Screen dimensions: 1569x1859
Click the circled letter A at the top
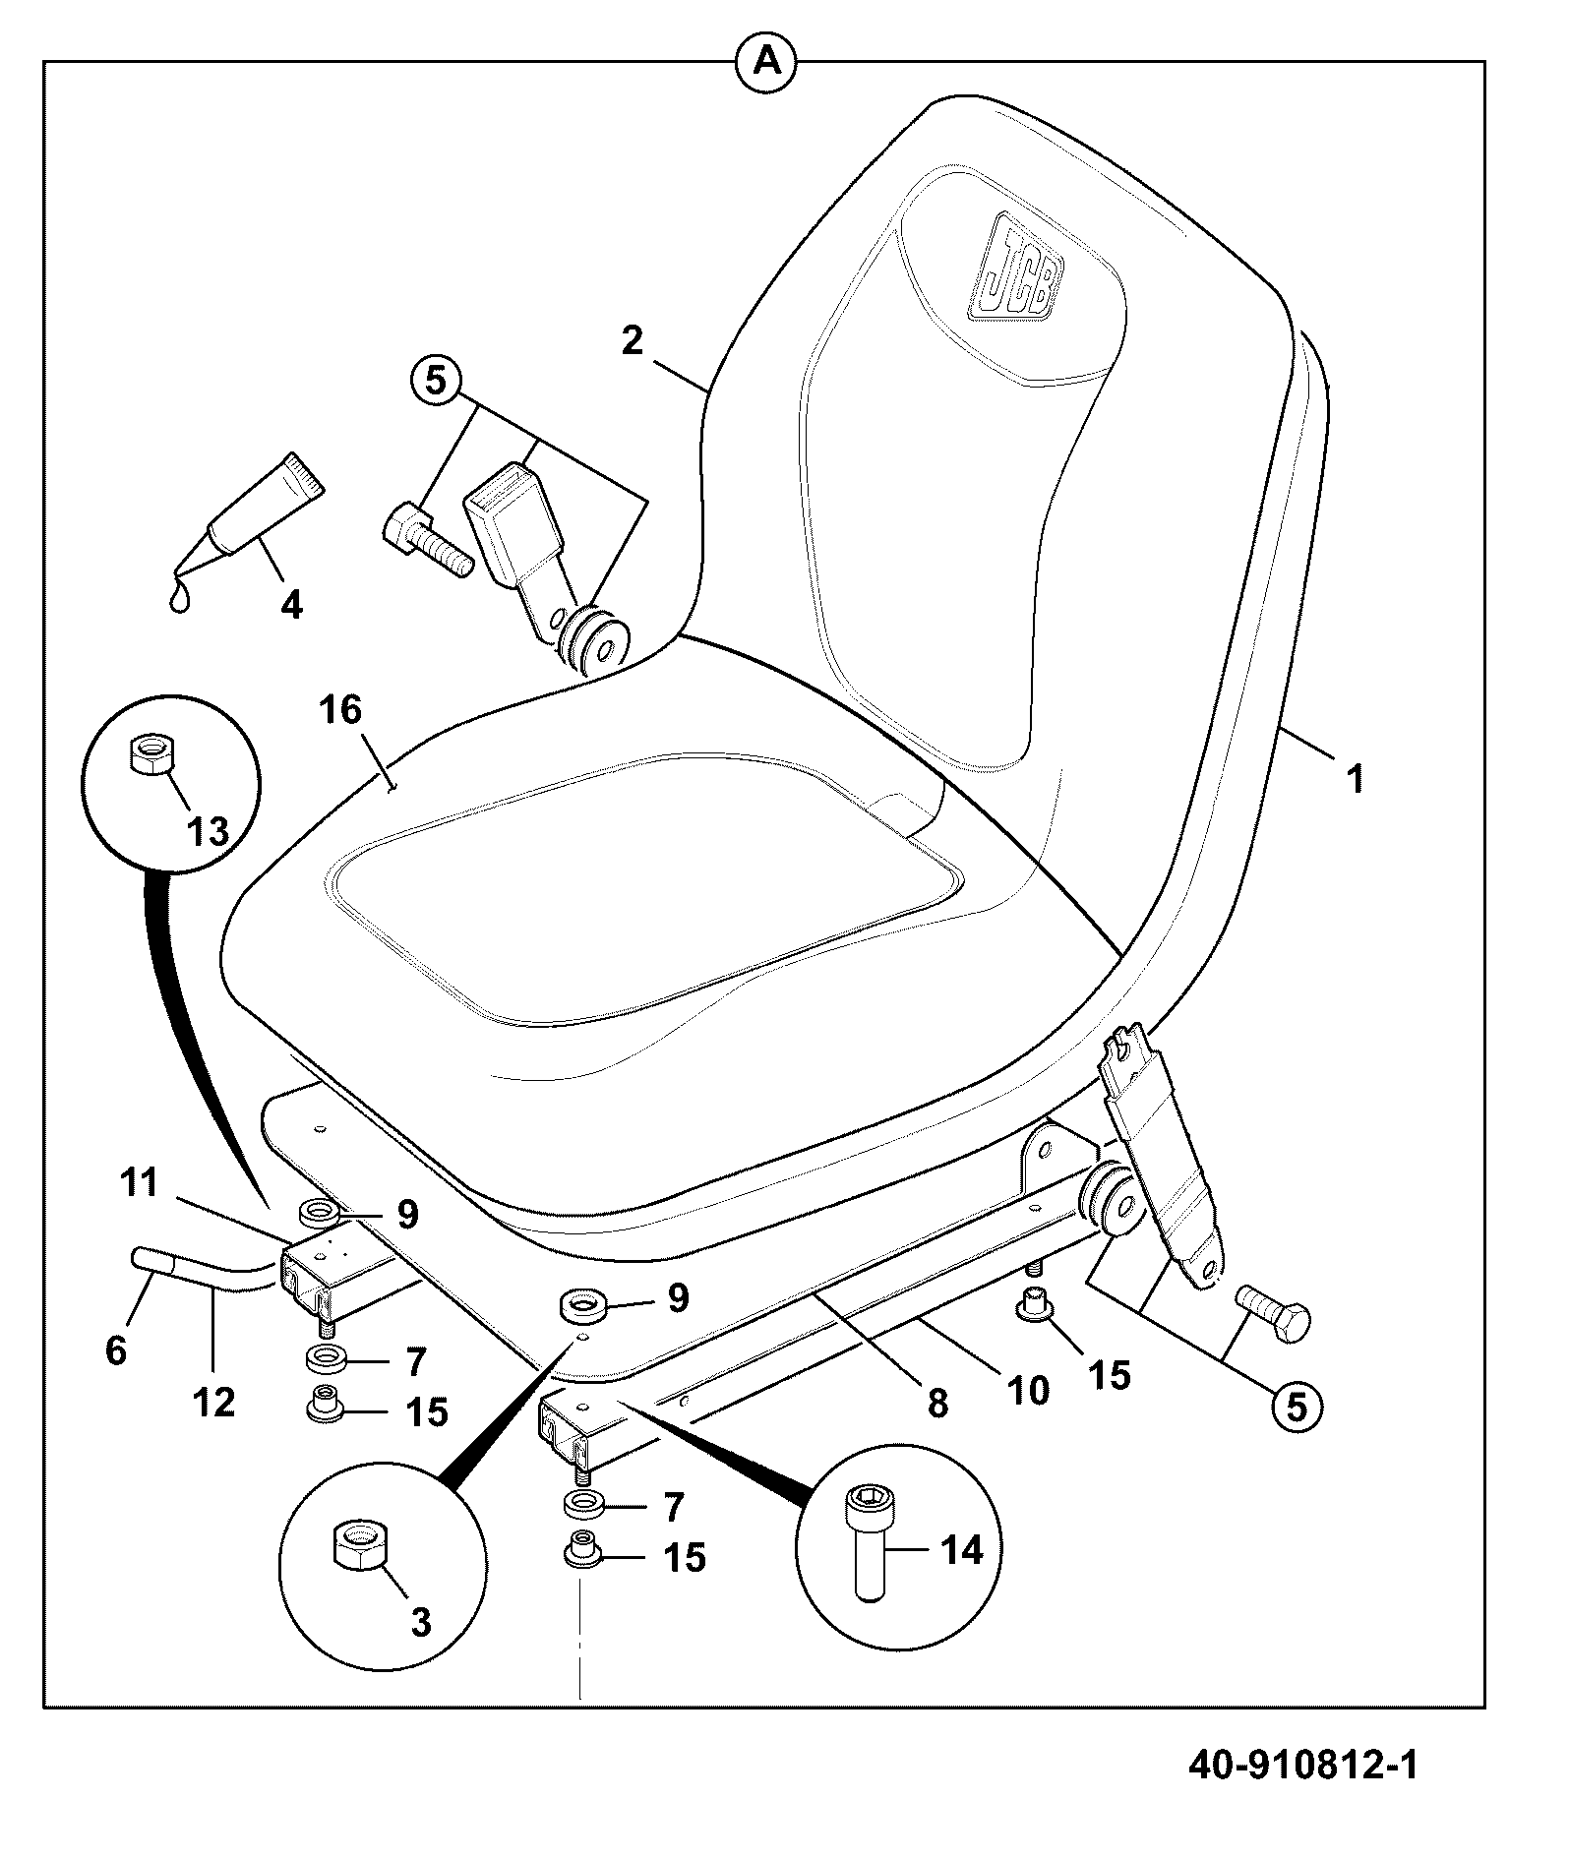coord(766,62)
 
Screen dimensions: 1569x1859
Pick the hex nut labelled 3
coord(357,1552)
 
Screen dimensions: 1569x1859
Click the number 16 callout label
coord(341,709)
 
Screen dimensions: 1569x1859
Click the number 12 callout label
coord(214,1402)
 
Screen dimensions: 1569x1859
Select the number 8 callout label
coord(938,1403)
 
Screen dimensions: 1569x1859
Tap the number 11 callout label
coord(139,1182)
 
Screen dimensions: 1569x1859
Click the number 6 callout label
coord(116,1350)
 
